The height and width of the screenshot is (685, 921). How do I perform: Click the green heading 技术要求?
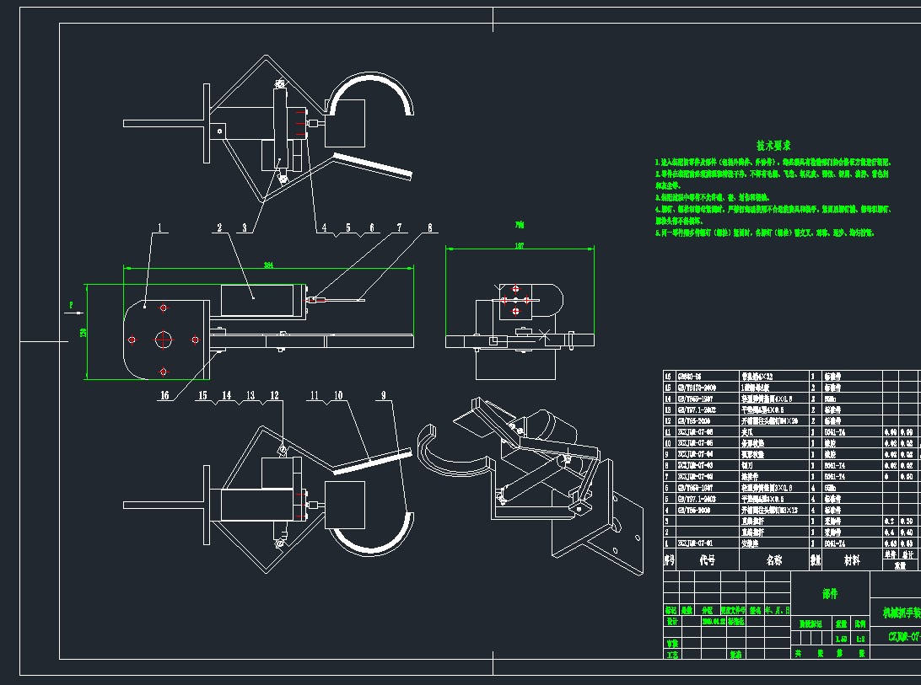click(773, 146)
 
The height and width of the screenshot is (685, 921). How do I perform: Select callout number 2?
click(219, 227)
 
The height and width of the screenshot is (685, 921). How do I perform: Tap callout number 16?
click(164, 394)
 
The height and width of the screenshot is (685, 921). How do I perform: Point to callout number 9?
click(383, 394)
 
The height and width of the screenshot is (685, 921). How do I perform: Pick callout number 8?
click(429, 227)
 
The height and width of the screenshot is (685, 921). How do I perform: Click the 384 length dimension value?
click(268, 265)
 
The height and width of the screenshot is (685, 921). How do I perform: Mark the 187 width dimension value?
click(520, 246)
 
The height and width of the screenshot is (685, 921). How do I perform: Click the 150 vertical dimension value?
click(83, 332)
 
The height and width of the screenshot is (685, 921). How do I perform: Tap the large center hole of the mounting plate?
click(164, 340)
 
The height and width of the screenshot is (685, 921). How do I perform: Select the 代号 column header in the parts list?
click(707, 559)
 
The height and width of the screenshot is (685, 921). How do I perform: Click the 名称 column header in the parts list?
click(773, 559)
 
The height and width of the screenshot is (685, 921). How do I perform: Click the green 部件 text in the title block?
click(830, 593)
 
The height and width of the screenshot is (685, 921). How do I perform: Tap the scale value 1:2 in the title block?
click(860, 640)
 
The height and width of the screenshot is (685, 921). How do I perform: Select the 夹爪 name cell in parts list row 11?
click(747, 431)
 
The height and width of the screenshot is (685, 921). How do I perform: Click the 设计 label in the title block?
click(672, 620)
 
